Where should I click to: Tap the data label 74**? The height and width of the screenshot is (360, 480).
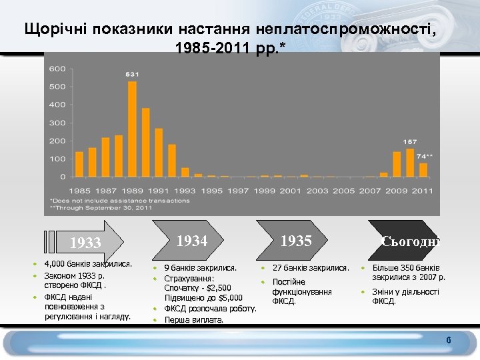[x=425, y=156]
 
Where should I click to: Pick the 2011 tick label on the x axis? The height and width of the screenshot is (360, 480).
[x=422, y=190]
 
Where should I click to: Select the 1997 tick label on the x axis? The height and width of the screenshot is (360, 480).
[x=237, y=190]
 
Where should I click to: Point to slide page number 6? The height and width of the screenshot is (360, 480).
[x=449, y=342]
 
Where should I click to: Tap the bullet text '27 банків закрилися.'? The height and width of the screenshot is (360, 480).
[x=311, y=267]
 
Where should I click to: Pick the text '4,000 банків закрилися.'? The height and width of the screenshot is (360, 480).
[x=87, y=264]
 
